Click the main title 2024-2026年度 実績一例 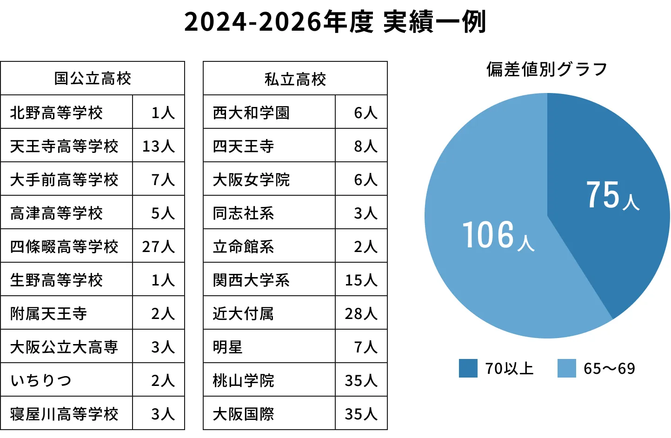(335, 21)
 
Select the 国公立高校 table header (93, 79)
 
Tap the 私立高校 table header (295, 80)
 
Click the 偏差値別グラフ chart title (547, 69)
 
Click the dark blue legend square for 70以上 (468, 368)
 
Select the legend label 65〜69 (609, 369)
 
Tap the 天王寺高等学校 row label (64, 146)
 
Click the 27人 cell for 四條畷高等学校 (159, 246)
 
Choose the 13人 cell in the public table (159, 146)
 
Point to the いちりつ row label (41, 380)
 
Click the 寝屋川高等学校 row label (64, 414)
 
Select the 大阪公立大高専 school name (64, 347)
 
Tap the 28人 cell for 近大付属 (361, 314)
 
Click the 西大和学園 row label (251, 113)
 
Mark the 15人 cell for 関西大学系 (361, 280)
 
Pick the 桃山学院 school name (243, 380)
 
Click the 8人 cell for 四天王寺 (365, 146)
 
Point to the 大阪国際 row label (243, 414)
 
